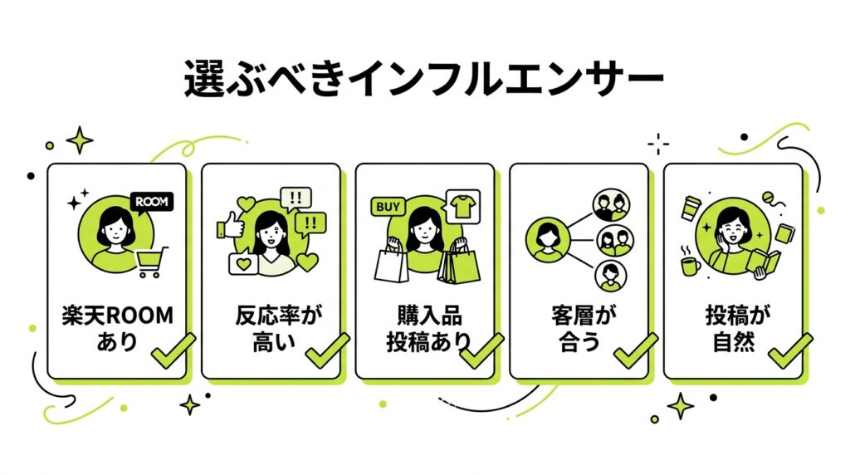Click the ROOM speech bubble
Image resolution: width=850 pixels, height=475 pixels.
click(152, 203)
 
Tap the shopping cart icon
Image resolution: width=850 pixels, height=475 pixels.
click(151, 262)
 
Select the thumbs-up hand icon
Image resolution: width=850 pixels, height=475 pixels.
click(229, 225)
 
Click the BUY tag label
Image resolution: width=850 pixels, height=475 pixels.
click(388, 207)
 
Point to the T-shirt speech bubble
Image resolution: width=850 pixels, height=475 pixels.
click(462, 207)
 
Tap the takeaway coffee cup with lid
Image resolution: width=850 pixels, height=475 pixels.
click(691, 208)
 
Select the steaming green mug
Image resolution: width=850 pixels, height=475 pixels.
click(690, 264)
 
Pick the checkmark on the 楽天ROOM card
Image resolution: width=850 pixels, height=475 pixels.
click(173, 350)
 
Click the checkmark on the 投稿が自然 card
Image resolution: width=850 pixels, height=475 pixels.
click(790, 350)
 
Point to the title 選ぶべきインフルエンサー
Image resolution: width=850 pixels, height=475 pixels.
click(424, 79)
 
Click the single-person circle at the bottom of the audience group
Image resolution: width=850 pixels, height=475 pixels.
click(610, 276)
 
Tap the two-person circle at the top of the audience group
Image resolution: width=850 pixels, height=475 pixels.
click(611, 205)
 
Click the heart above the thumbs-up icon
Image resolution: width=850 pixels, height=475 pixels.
click(246, 205)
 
